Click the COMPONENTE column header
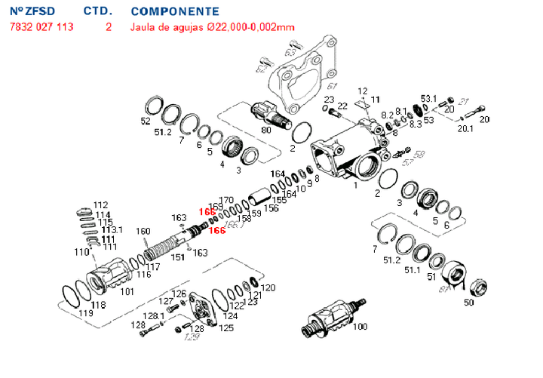[175, 11]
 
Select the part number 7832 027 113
[41, 27]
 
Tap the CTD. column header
[98, 11]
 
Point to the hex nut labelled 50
[478, 287]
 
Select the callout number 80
[265, 130]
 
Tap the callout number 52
[146, 121]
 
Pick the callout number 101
[127, 291]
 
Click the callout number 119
[84, 313]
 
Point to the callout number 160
[143, 231]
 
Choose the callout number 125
[225, 327]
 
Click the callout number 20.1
[465, 128]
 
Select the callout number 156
[271, 208]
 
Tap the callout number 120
[268, 288]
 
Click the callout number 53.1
[428, 99]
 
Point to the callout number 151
[178, 257]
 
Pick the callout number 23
[329, 100]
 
